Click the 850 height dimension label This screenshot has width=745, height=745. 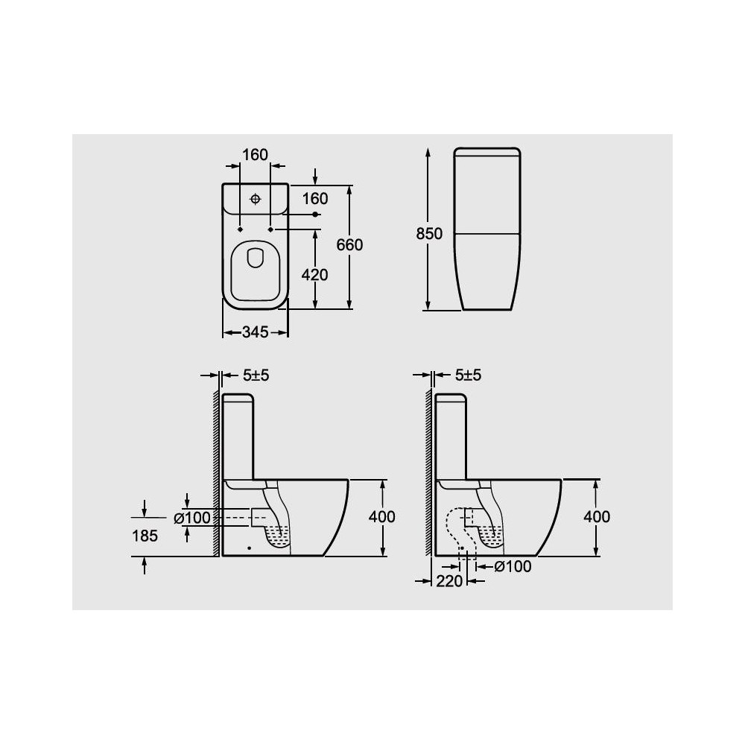click(429, 234)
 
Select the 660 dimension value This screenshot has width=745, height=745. click(349, 244)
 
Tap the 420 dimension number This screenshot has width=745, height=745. click(314, 275)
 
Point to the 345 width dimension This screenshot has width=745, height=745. click(256, 332)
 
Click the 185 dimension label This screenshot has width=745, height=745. click(145, 536)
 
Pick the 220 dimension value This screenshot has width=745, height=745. click(449, 581)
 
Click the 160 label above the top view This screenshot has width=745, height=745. click(255, 155)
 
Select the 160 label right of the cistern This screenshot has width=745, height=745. click(315, 199)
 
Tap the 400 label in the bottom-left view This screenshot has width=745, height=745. click(382, 516)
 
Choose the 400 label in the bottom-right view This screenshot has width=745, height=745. click(597, 516)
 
